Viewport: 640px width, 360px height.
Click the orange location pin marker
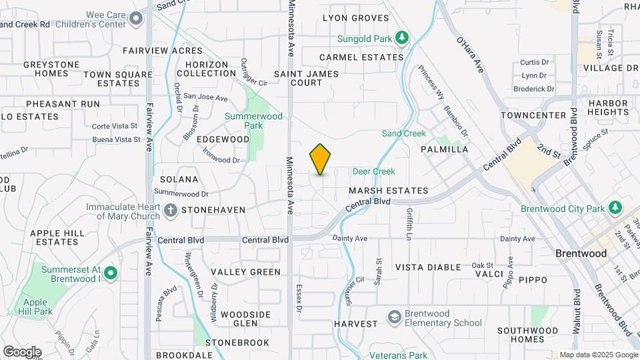click(x=320, y=159)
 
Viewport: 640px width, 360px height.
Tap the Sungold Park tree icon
click(x=401, y=38)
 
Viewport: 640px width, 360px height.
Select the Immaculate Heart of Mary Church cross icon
click(x=171, y=211)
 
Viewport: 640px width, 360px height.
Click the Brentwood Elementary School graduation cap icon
click(x=394, y=317)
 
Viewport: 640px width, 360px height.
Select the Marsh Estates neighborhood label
click(x=387, y=191)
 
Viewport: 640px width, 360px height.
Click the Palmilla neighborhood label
click(x=444, y=150)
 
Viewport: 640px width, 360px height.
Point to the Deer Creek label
click(x=373, y=171)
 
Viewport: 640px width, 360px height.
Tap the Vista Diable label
click(x=428, y=267)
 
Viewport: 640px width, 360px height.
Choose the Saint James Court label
click(x=298, y=77)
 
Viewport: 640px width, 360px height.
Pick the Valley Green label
click(x=245, y=272)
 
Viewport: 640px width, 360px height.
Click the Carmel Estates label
click(x=361, y=57)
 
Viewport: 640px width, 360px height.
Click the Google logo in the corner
click(x=21, y=351)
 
